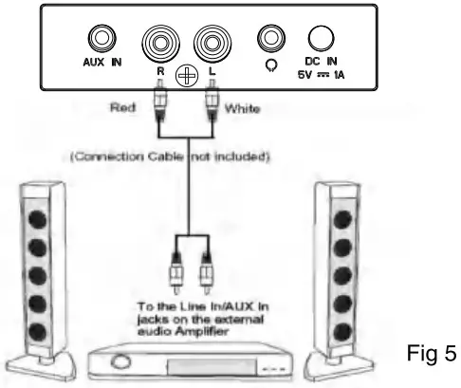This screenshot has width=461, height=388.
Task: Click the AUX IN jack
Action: (x=99, y=37)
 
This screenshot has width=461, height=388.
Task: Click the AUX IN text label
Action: (x=99, y=65)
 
